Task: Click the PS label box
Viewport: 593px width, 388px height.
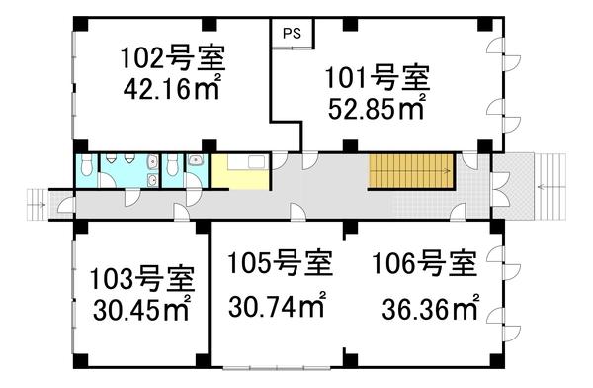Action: click(x=292, y=32)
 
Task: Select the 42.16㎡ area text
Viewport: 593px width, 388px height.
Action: click(x=173, y=88)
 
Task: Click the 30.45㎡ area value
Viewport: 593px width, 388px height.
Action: click(x=141, y=309)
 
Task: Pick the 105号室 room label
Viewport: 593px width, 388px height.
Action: click(x=279, y=265)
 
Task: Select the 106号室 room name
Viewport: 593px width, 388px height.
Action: click(x=424, y=265)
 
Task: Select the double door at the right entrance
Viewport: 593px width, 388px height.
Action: click(x=500, y=184)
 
